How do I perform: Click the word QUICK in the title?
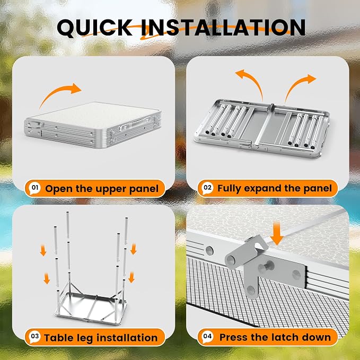pos(94,28)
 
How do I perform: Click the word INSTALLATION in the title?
pos(223,28)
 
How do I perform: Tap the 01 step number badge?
pos(35,188)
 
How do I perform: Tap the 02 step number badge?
pos(207,188)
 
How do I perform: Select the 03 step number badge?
pos(35,337)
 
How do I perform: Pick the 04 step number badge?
pos(207,337)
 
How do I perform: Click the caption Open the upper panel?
pos(102,189)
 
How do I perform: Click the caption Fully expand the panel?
pos(275,189)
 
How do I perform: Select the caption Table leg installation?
pos(101,338)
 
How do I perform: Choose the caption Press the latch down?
pos(275,337)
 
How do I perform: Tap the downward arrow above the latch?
pos(277,233)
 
